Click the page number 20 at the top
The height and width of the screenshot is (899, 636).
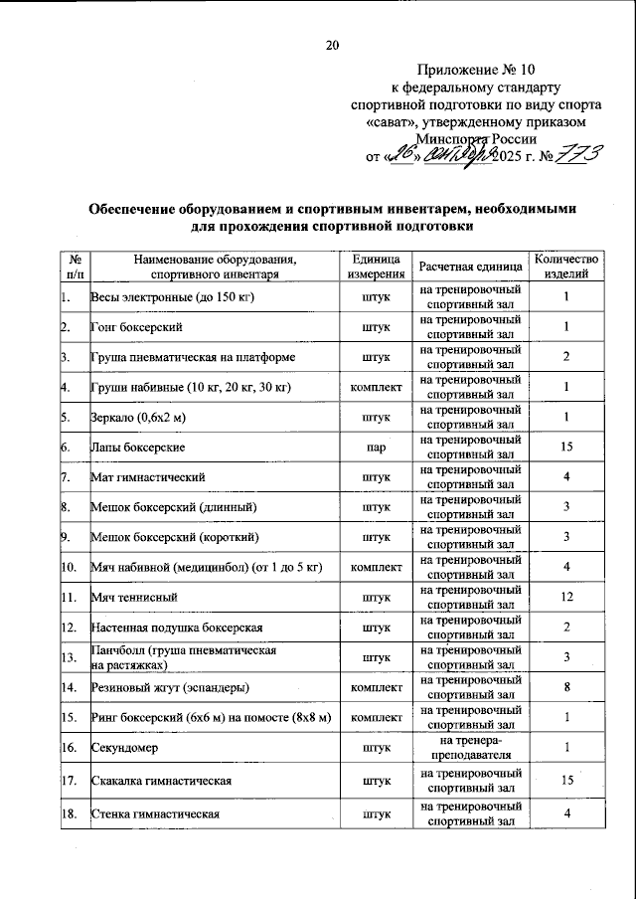point(332,45)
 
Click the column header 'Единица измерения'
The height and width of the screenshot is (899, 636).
point(376,266)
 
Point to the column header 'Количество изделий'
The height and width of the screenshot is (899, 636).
point(565,266)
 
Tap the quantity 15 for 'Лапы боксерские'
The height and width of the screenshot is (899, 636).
point(565,448)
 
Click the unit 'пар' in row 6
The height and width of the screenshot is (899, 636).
point(376,448)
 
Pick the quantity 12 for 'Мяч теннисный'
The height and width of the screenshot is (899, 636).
point(565,598)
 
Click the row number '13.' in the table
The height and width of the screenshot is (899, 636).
point(71,658)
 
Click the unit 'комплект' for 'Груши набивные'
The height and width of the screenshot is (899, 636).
point(376,387)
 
